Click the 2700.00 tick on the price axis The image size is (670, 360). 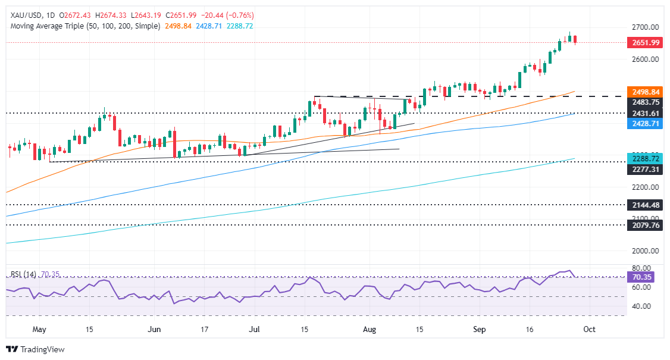pyautogui.click(x=644, y=27)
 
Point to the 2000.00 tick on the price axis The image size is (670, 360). pyautogui.click(x=644, y=251)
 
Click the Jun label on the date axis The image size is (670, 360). pyautogui.click(x=154, y=329)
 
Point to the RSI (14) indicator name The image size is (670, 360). pyautogui.click(x=24, y=275)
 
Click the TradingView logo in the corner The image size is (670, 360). pyautogui.click(x=36, y=349)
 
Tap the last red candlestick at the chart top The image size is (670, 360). pyautogui.click(x=575, y=39)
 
